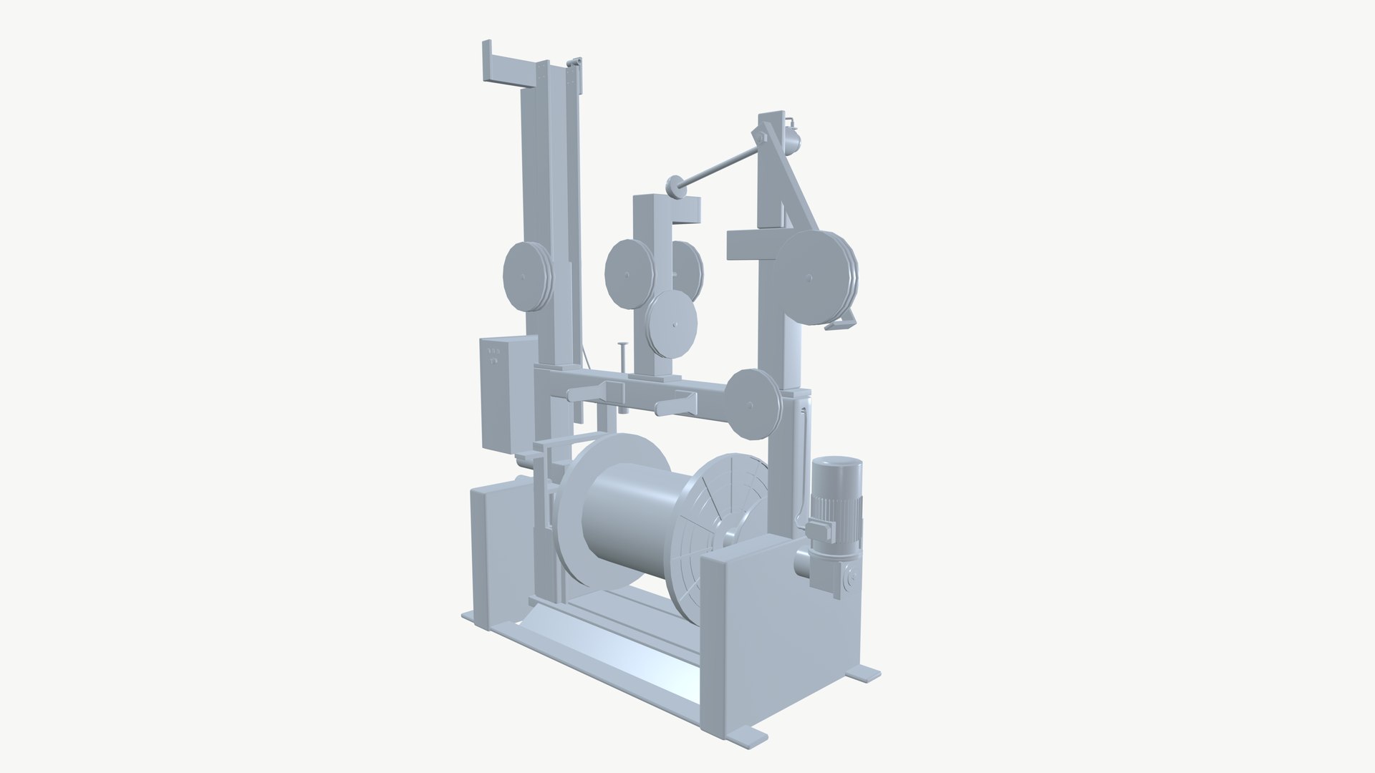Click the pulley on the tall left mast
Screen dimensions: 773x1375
[526, 276]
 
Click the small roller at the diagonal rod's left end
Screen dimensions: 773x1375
[674, 187]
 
